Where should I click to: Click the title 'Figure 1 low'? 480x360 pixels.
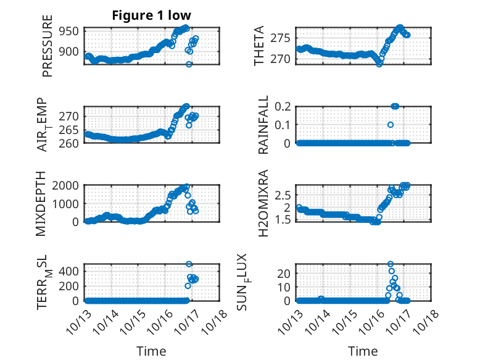[x=152, y=15]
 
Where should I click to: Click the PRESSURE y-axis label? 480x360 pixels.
[x=48, y=51]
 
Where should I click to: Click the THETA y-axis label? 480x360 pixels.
[x=259, y=46]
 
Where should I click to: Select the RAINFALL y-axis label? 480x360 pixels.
[x=263, y=125]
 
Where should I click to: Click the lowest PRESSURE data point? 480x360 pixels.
[x=189, y=64]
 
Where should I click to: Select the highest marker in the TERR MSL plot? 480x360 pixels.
[x=189, y=264]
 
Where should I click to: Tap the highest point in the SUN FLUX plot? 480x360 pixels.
[x=390, y=264]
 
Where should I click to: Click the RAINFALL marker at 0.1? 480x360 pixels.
[x=391, y=125]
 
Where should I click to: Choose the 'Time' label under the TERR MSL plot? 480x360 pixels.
[x=152, y=351]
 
